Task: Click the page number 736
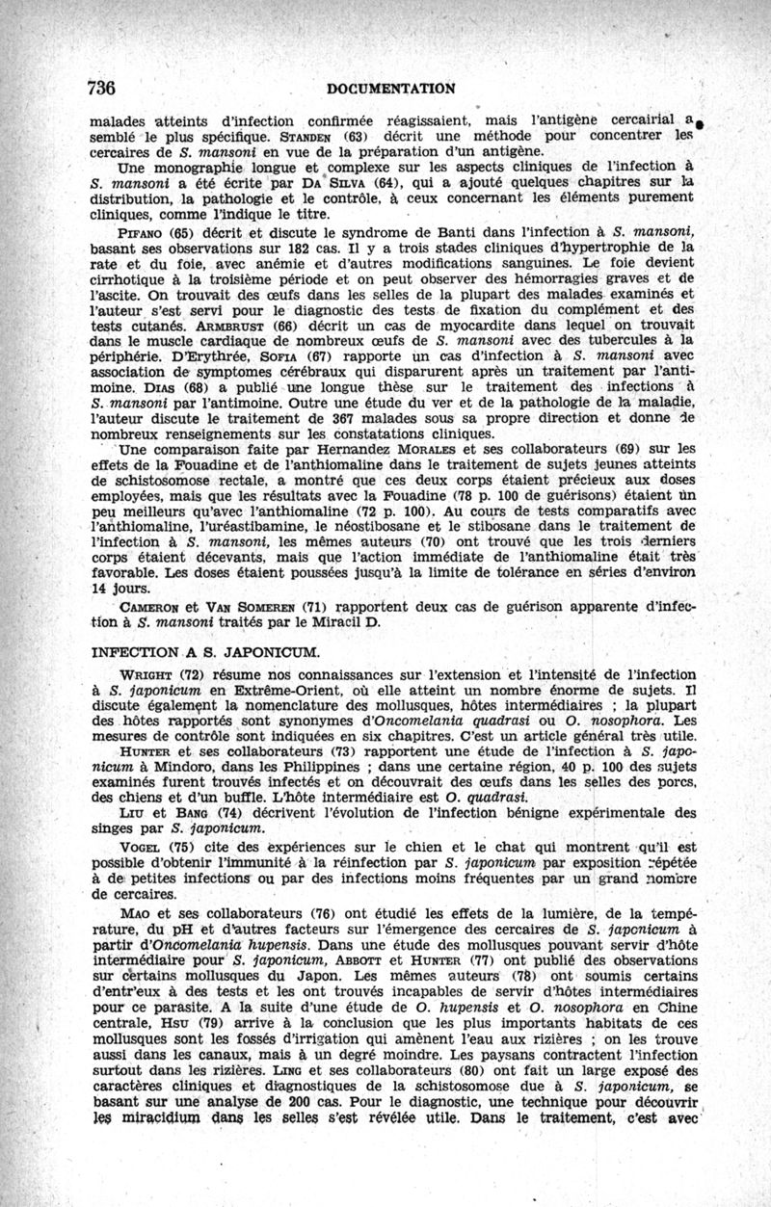[x=101, y=88]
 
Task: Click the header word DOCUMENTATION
[x=390, y=89]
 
